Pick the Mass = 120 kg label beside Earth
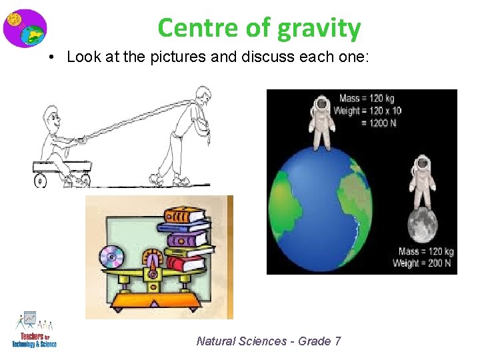click(366, 99)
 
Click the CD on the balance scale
click(111, 257)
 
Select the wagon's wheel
click(41, 180)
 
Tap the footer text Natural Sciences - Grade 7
click(269, 341)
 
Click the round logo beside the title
click(24, 28)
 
